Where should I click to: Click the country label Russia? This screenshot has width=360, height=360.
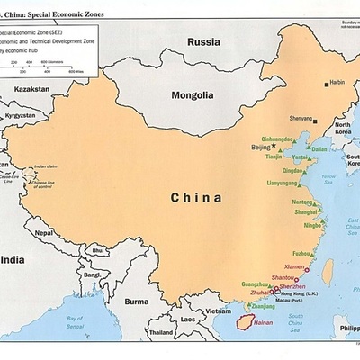pos(204,41)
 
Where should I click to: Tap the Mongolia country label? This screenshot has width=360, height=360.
pos(193,94)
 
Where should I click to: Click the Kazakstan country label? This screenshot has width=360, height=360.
pos(31,91)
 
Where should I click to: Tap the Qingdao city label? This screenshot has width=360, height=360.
pos(292,169)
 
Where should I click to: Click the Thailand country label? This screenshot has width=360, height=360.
pos(162,332)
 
